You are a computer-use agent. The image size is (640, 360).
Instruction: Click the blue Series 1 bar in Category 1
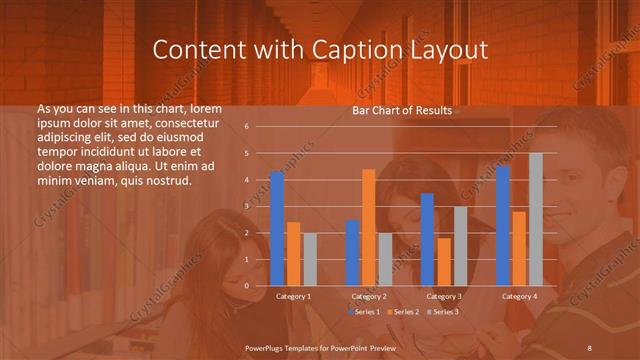tap(277, 229)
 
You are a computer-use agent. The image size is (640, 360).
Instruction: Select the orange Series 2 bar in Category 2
tap(369, 227)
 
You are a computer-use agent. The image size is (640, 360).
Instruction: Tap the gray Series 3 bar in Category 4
tap(536, 219)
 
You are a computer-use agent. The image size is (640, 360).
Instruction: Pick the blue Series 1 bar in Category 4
tap(503, 226)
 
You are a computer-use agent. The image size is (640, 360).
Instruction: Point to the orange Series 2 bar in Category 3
tap(444, 262)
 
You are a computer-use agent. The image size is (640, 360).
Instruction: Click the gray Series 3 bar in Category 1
tap(310, 260)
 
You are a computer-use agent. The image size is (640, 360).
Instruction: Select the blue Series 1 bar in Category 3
tap(427, 240)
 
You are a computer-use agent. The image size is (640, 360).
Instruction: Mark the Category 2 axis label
tap(369, 296)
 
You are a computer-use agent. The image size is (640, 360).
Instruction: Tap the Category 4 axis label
tap(519, 296)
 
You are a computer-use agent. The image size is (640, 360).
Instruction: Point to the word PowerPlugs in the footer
tap(268, 346)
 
